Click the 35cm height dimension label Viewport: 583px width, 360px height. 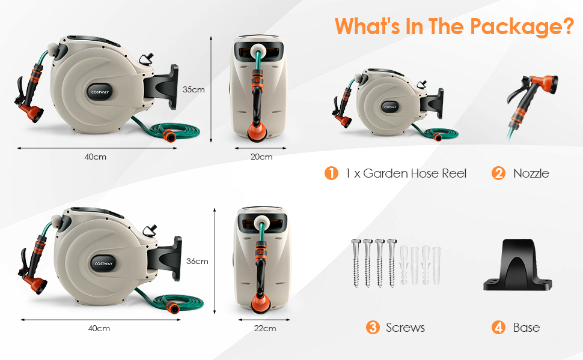194,89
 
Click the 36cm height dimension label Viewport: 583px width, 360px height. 197,261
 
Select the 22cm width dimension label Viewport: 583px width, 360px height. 265,328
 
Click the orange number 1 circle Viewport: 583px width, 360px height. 331,173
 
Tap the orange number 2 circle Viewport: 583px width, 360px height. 498,173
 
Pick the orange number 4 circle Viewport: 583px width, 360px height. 498,328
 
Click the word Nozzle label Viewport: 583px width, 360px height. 531,173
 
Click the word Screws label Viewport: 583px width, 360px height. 405,328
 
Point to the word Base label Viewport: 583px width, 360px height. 527,328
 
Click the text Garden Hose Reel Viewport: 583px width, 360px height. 415,173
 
